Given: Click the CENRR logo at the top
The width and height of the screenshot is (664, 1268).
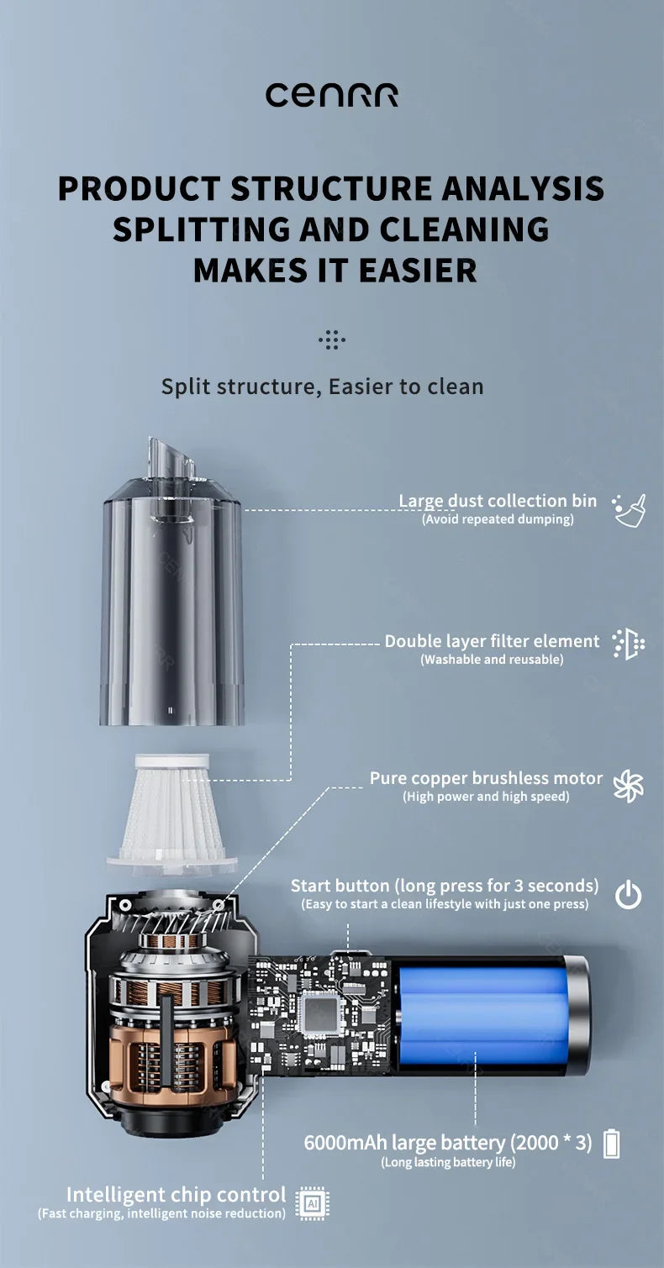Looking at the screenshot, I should [x=331, y=95].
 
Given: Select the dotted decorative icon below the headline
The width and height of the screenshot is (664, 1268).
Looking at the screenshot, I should [x=332, y=340].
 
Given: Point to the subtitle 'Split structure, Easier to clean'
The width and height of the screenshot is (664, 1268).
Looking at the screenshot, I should [x=323, y=387].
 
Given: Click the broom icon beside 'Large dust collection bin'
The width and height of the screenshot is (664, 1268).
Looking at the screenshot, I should [x=630, y=510].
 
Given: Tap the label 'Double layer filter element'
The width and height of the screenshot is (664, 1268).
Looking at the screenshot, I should [x=492, y=641].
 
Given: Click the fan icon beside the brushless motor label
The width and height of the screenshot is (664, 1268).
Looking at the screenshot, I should [x=628, y=787].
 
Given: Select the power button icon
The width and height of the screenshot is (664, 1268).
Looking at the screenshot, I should [x=628, y=896].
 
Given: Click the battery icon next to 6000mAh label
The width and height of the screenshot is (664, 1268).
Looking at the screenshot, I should [x=612, y=1144].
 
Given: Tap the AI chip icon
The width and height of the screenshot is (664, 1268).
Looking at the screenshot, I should [x=313, y=1203].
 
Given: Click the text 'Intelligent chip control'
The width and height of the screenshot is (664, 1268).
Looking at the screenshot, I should [x=176, y=1194].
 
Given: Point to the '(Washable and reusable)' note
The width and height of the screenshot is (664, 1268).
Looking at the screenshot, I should [x=492, y=660].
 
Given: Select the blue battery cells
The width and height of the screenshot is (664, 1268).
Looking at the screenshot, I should [x=480, y=1015].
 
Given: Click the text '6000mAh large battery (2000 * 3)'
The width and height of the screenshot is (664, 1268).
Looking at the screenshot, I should [x=448, y=1143].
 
